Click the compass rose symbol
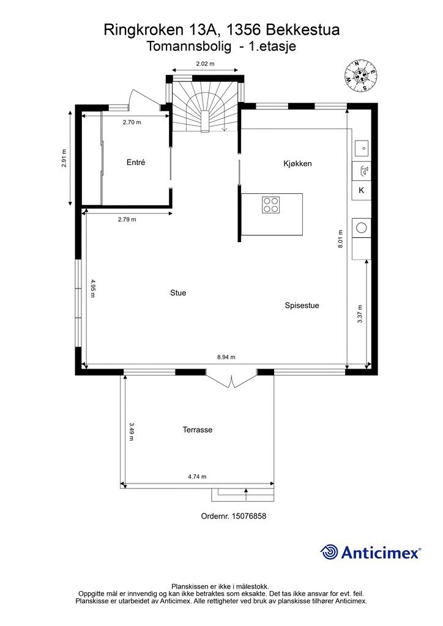pos(361,75)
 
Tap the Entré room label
pos(136,163)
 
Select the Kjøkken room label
pos(297,164)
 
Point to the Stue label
pos(178,293)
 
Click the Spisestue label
pos(302,306)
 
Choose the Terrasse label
pos(198,430)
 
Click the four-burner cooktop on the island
pos(271,204)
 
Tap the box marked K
pos(362,191)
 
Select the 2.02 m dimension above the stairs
pos(205,64)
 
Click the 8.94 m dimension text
pos(226,357)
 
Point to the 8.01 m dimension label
pos(341,239)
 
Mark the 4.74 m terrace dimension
pos(197,477)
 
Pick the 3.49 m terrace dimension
pos(131,432)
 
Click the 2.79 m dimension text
pos(127,219)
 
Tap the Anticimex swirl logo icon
pos(329,552)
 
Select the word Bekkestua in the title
pos(303,30)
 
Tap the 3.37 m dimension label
pos(360,314)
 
